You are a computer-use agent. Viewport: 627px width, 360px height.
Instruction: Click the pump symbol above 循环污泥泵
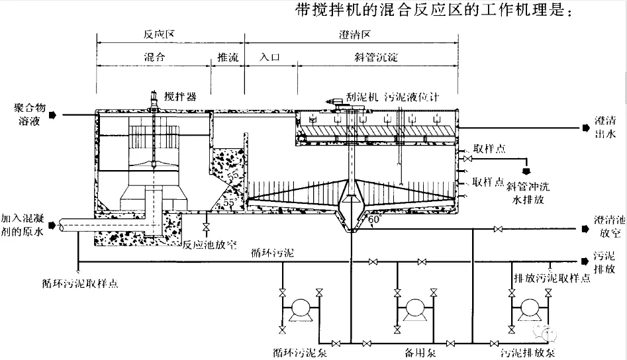tap(301, 308)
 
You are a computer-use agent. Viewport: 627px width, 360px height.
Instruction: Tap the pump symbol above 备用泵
tap(415, 308)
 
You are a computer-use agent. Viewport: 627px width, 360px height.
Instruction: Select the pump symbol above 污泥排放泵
tap(530, 308)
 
